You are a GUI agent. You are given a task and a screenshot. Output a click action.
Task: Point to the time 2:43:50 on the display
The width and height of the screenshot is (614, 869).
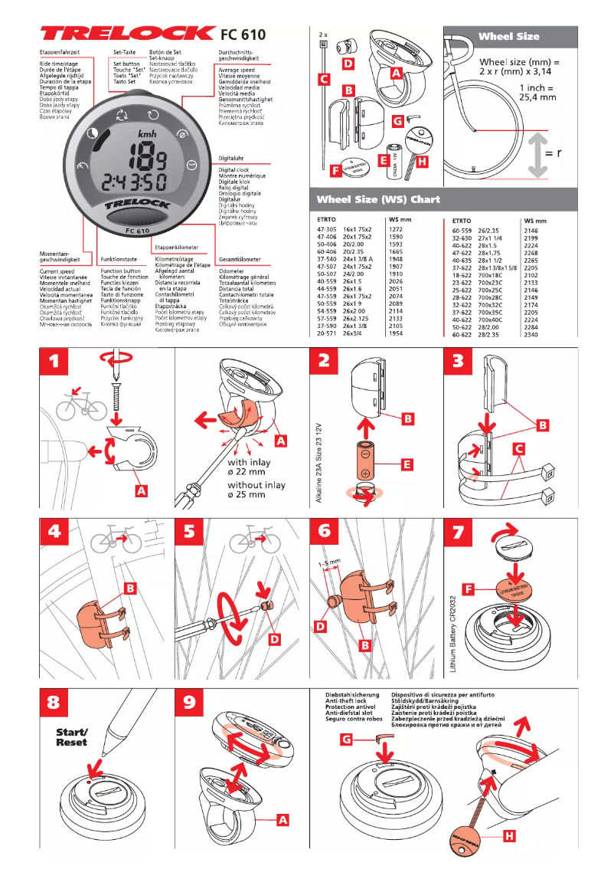136,184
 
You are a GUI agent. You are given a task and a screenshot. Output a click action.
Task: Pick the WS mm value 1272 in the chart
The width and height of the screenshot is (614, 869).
396,229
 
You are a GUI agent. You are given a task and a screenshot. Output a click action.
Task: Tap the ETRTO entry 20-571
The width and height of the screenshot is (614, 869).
327,333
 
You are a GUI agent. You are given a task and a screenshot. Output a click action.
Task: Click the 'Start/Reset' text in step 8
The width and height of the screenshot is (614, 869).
71,736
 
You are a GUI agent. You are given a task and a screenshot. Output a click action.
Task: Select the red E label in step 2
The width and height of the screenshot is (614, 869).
406,464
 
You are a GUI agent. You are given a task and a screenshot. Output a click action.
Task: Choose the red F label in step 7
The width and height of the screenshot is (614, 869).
470,589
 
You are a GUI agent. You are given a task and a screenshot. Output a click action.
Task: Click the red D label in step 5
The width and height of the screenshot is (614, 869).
275,638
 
